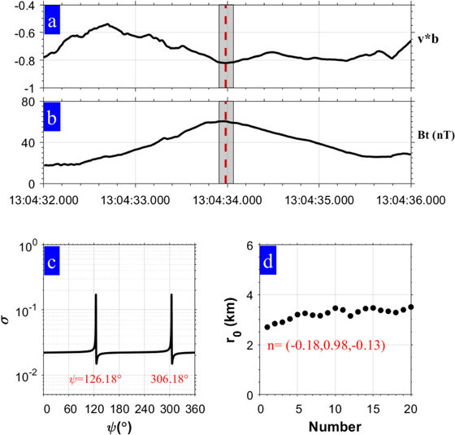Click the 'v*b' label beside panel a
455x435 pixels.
(427, 37)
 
